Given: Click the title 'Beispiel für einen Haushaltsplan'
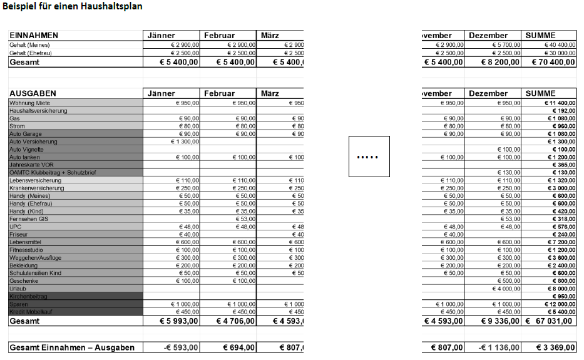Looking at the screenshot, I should coord(73,7).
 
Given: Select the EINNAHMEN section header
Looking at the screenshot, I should coord(34,36).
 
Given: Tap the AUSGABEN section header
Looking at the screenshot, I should coord(33,93).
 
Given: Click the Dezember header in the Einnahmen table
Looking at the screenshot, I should coord(488,36).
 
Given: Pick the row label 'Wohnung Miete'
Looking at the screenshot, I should coord(29,103).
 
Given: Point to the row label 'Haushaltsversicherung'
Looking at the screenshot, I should coord(38,111).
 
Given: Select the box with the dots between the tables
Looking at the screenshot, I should coord(369,157).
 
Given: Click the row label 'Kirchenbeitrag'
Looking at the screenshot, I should coord(29,296).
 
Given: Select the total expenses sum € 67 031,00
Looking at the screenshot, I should coord(551,321).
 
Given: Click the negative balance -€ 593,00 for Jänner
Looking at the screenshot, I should coord(181,347).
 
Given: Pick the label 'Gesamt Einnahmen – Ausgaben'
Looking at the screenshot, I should coord(72,347).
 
